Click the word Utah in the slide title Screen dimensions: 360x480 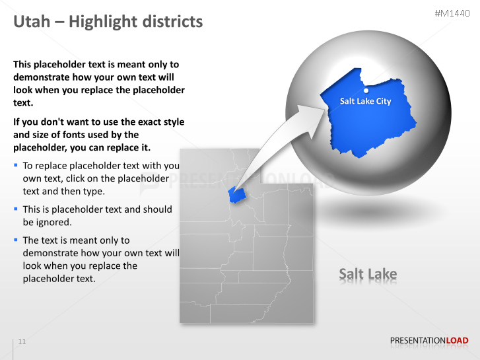32,22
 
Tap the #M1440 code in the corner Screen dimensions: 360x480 452,14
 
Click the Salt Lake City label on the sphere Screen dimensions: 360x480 365,101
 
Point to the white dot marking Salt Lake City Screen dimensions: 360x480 366,90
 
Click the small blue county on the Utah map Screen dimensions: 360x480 236,194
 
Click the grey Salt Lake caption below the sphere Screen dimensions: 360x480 368,273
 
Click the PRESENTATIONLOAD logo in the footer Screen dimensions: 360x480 429,341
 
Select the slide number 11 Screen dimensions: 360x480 22,342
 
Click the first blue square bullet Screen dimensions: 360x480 16,165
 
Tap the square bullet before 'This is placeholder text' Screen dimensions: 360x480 16,209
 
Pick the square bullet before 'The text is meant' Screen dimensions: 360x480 16,240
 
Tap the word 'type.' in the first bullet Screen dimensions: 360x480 92,191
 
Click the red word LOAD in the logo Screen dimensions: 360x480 457,341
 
